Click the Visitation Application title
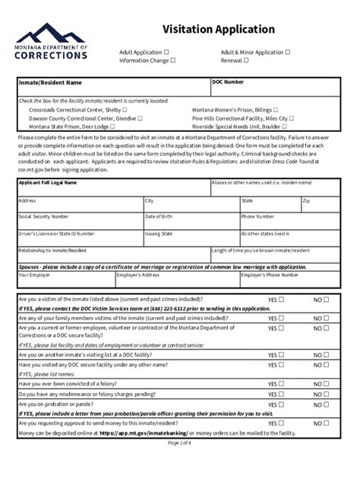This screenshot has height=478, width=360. click(x=218, y=29)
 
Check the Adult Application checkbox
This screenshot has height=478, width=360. click(x=166, y=52)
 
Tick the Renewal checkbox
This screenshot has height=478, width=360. click(x=246, y=60)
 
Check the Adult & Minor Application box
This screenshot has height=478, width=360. click(x=288, y=52)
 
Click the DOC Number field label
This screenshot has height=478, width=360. click(x=228, y=82)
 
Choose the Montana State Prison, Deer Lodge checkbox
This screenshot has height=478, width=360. click(x=112, y=127)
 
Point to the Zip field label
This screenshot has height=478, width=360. click(x=306, y=201)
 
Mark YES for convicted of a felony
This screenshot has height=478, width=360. click(x=281, y=384)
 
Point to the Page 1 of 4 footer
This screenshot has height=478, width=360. click(x=180, y=442)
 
